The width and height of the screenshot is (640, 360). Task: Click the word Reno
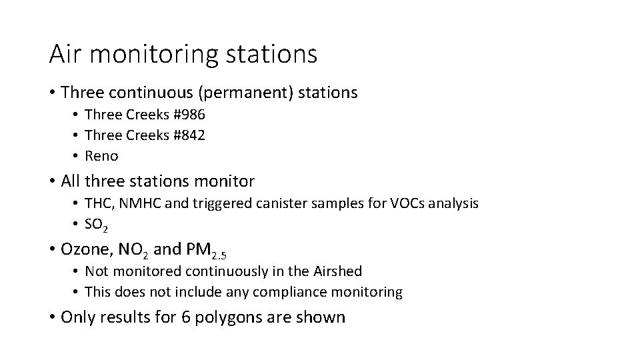102,157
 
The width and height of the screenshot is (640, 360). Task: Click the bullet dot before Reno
77,157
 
